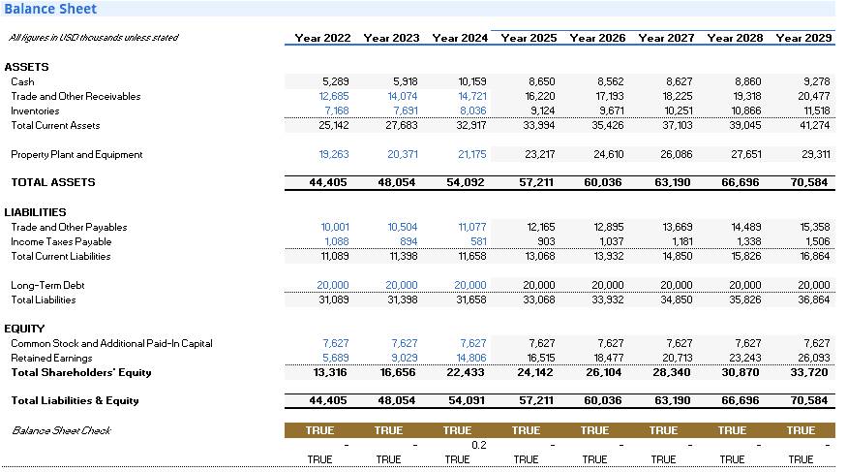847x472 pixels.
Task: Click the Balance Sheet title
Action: point(50,9)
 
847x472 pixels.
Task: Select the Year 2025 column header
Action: point(529,38)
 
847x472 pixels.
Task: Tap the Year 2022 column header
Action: point(322,38)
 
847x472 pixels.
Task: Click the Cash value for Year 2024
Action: point(472,81)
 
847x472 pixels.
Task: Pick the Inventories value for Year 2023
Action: point(406,110)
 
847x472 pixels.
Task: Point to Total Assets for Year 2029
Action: point(808,183)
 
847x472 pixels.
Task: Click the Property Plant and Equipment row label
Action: point(76,155)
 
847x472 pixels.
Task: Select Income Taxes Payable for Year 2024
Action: point(478,241)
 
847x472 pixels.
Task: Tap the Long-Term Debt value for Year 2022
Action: point(333,285)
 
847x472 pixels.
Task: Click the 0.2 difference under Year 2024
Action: point(478,445)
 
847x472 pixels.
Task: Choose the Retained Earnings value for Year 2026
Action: point(608,358)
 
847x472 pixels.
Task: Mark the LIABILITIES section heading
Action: point(35,212)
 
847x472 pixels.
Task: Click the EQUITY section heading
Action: point(24,329)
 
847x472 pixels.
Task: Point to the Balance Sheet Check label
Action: point(61,430)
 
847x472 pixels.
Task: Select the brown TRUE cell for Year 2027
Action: point(663,430)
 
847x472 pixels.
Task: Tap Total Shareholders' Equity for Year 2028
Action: point(741,372)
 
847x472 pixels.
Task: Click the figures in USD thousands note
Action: point(94,37)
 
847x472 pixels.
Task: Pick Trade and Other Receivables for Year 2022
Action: point(334,96)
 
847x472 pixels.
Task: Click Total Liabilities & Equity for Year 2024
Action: point(467,400)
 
